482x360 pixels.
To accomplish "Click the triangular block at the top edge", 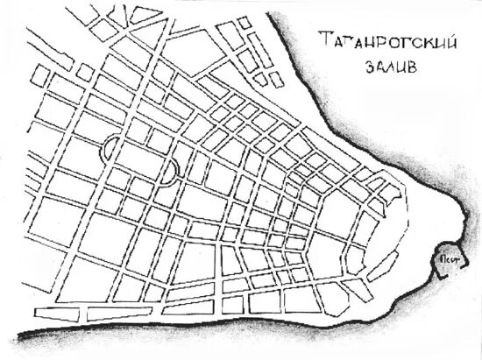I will point(145,14).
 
